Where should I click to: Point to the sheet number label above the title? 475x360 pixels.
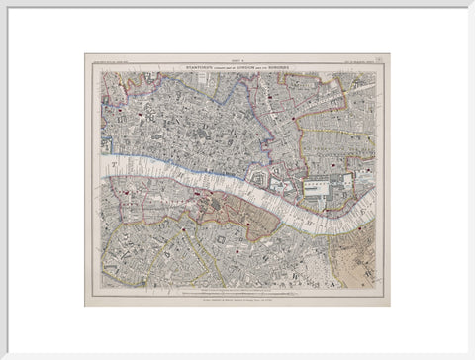coord(237,58)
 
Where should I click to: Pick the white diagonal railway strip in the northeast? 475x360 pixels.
coord(336,98)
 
